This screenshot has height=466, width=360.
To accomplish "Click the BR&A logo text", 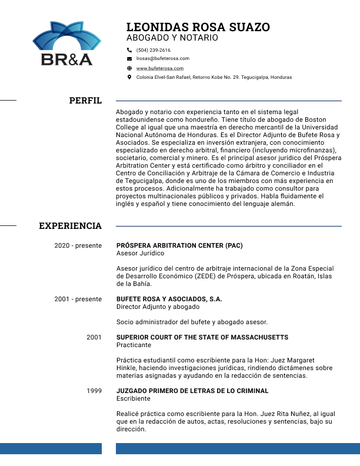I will click(66, 59).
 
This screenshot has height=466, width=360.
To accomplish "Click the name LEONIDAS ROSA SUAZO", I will click(198, 27).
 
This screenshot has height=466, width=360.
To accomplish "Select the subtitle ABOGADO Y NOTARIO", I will click(172, 38).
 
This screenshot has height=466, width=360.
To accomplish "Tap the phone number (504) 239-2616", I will click(153, 50).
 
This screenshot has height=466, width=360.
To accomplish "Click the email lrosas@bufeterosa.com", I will click(162, 59).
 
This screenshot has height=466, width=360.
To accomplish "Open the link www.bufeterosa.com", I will click(160, 68).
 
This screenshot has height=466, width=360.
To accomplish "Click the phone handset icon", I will click(129, 50).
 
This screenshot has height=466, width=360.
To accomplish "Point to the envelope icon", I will click(129, 59).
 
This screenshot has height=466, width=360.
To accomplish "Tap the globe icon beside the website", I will click(129, 68).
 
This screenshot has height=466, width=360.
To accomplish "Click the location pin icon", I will click(129, 77).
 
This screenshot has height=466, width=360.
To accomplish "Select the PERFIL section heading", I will click(85, 101).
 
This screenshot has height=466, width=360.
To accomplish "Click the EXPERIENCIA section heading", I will click(70, 226).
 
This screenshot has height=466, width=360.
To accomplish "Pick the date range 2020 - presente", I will click(78, 245).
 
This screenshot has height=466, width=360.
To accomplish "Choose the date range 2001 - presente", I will click(78, 299).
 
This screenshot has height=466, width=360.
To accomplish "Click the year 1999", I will click(94, 391).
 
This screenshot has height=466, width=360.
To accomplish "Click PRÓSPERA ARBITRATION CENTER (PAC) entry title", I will click(179, 245).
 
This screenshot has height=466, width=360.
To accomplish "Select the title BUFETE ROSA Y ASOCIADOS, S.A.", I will click(169, 299).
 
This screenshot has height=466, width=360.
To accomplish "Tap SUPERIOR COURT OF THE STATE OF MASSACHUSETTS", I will click(202, 337).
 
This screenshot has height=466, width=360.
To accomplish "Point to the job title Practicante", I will click(134, 345).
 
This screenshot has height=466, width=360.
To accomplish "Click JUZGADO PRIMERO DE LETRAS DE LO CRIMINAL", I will click(192, 391).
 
